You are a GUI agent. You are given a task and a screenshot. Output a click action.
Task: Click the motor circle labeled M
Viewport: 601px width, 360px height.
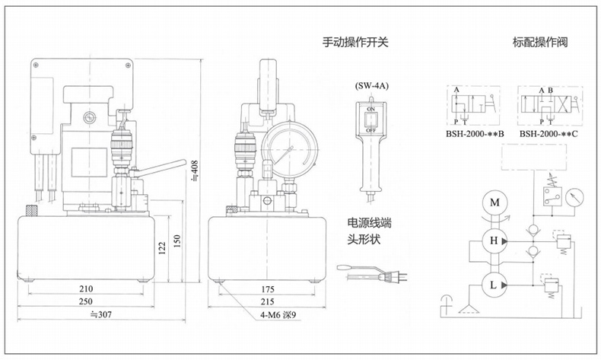(x=495, y=202)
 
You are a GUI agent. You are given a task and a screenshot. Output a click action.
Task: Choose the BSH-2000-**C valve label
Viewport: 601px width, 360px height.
(x=549, y=134)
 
